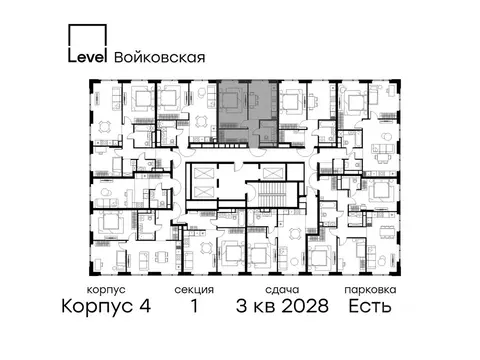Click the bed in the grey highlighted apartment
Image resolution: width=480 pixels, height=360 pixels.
pos(232,100)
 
